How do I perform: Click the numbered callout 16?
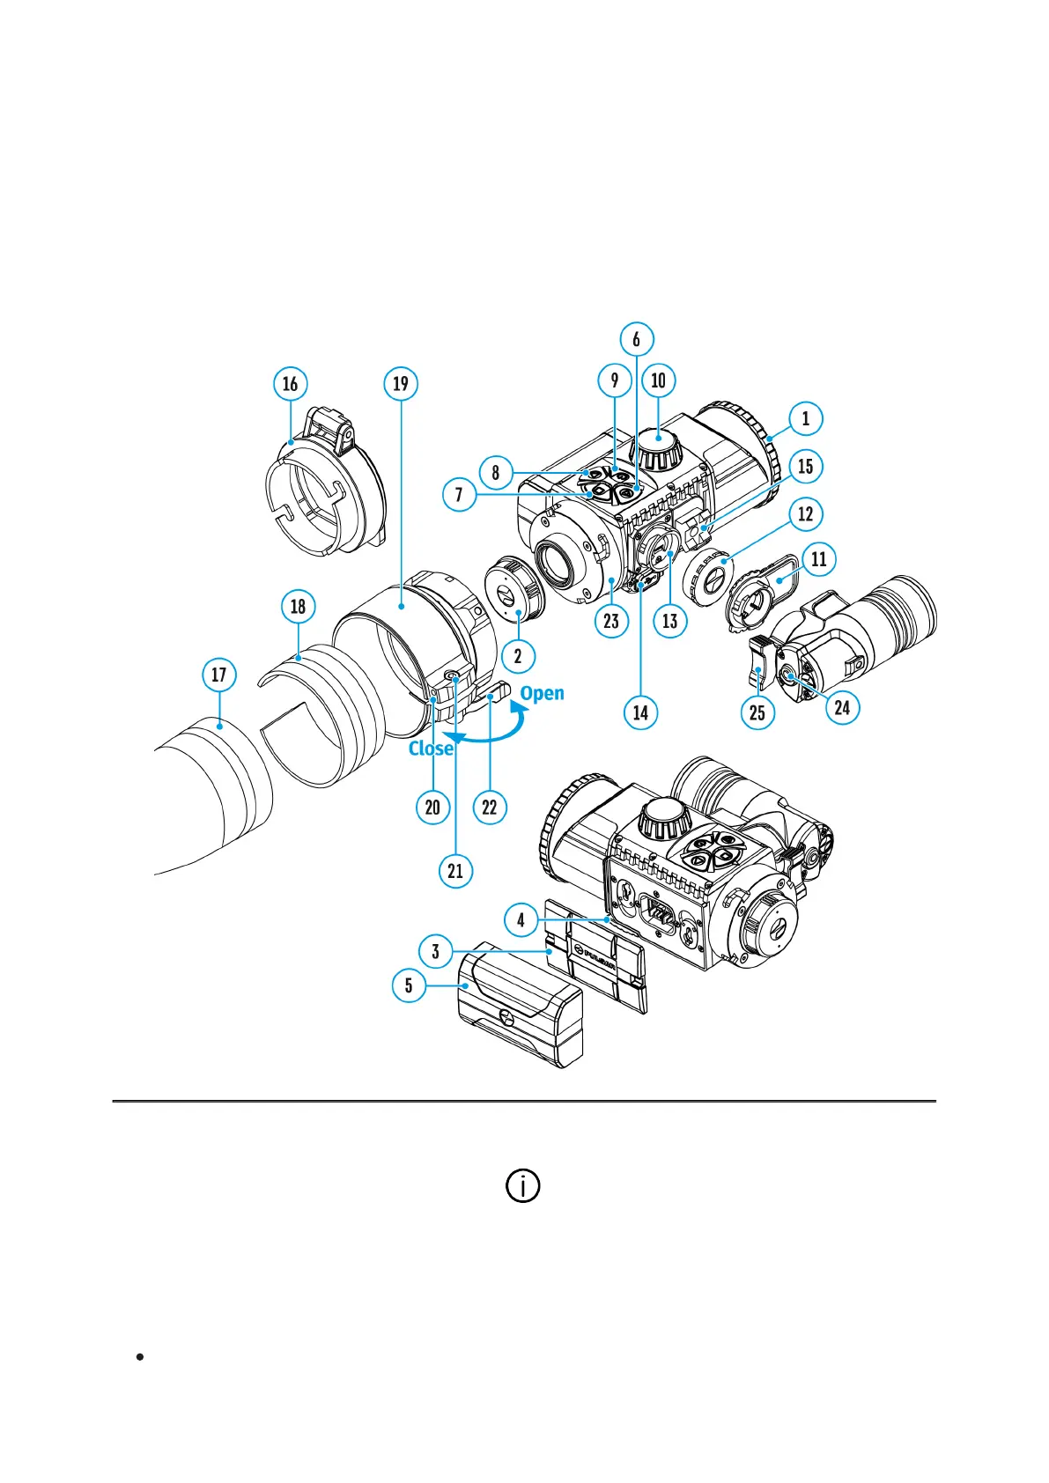coord(290,384)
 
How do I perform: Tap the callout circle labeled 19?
coord(401,384)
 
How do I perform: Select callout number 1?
coord(805,419)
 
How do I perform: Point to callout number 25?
coord(757,712)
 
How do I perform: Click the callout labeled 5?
coord(409,985)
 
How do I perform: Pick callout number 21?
coord(455,871)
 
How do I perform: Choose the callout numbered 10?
coord(658,380)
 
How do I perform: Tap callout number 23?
coord(611,621)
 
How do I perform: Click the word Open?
coord(542,693)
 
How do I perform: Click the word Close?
coord(431,749)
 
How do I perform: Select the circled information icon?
coord(523,1185)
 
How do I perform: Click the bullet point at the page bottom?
coord(140,1357)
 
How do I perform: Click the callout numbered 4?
coord(521,920)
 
